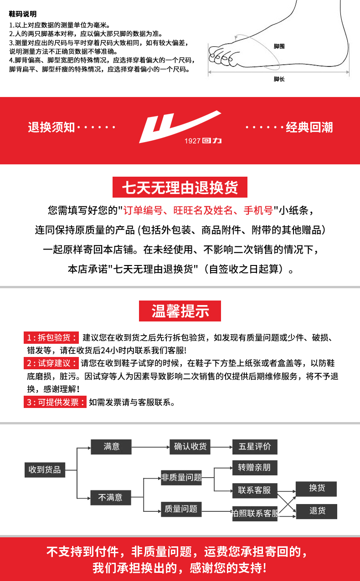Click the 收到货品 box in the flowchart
45,469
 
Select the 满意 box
111,447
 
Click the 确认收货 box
190,447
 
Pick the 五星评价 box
254,447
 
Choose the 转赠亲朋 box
254,468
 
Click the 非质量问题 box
181,478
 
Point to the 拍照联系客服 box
254,514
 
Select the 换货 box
317,489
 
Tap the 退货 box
317,511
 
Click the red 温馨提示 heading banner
180,311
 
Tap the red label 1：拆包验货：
51,337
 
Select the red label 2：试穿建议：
51,363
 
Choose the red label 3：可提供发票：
55,402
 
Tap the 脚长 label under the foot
279,79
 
